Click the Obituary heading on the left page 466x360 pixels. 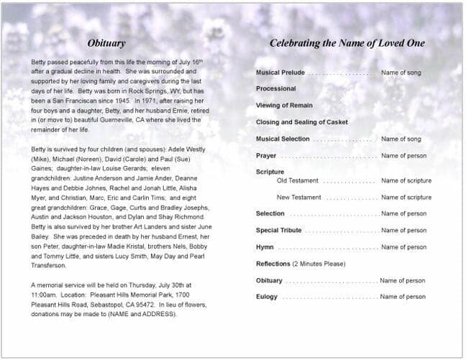[106, 43]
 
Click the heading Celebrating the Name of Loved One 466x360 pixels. [347, 43]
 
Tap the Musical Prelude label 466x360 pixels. [280, 73]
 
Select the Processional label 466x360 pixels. [276, 88]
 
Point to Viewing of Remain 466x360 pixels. [284, 106]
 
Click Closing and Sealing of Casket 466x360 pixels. [301, 122]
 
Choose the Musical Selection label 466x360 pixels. [283, 139]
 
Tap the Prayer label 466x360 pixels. [266, 156]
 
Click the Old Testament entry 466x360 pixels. [298, 180]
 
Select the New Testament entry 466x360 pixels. [299, 197]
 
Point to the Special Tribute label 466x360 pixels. [279, 231]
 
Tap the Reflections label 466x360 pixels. [273, 264]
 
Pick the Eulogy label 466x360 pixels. [267, 297]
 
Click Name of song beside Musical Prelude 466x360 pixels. [401, 73]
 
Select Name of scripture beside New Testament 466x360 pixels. [406, 197]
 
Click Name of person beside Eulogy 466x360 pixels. [403, 297]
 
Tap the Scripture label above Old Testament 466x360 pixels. [270, 172]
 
